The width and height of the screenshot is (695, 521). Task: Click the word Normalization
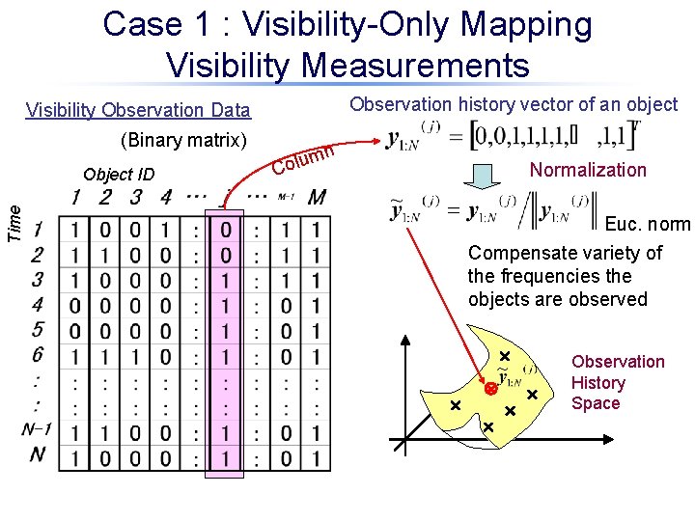coord(588,170)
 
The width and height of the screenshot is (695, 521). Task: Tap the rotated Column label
coord(303,158)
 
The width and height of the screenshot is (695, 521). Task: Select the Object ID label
coord(119,175)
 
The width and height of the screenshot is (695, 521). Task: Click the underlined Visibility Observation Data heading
coord(138,110)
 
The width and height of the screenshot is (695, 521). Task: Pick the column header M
coord(316,198)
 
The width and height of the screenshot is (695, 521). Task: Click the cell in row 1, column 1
coord(75,231)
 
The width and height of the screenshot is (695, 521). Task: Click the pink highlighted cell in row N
coord(225,456)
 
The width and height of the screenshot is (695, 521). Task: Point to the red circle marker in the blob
coord(490,389)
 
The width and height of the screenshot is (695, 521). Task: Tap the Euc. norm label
coord(647,224)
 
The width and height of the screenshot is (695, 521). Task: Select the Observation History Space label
coord(618,382)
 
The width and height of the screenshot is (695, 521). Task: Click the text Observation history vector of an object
coord(514,104)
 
